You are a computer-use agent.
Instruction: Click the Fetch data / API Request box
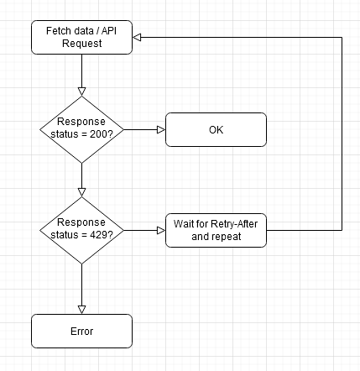click(81, 37)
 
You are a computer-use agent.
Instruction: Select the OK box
click(216, 129)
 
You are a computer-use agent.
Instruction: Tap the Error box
click(81, 331)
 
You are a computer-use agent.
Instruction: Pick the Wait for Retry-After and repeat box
click(216, 230)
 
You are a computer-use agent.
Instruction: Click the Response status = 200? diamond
click(81, 129)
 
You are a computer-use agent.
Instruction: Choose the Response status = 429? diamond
click(81, 230)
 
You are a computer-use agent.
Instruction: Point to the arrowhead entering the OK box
click(161, 129)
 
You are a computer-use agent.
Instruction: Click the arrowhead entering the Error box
click(81, 310)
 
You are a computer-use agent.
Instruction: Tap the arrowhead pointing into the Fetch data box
click(137, 37)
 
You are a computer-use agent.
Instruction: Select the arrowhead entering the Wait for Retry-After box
click(161, 230)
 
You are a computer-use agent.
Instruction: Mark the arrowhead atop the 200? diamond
click(81, 91)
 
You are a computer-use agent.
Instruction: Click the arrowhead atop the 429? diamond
click(81, 192)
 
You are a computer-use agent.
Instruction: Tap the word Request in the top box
click(82, 44)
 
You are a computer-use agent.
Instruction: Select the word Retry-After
click(234, 224)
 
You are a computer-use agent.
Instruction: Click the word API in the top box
click(109, 31)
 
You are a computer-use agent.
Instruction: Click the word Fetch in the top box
click(57, 31)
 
